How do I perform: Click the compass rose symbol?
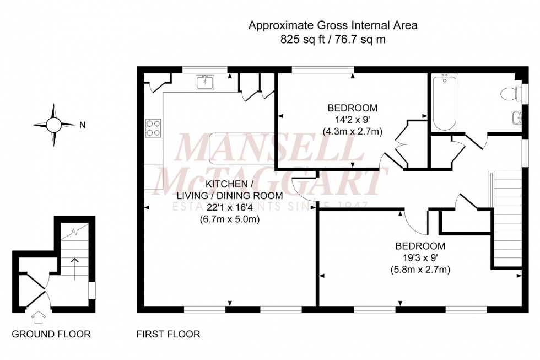(x=54, y=125)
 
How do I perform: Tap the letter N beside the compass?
(x=82, y=125)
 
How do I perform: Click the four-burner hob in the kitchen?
(x=153, y=128)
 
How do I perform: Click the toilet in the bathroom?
(x=509, y=94)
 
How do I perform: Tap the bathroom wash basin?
(x=517, y=117)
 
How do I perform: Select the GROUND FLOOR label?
(x=51, y=334)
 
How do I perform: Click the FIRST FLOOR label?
(x=168, y=334)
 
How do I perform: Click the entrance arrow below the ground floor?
(x=39, y=318)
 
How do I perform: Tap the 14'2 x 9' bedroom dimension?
(x=352, y=120)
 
